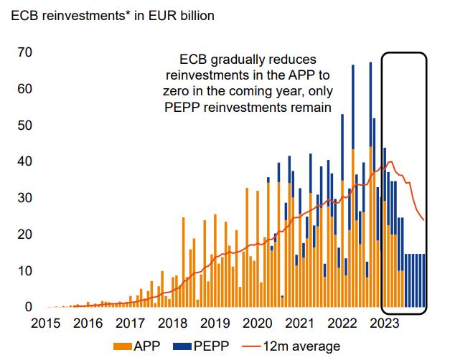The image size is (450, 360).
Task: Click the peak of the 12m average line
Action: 390,162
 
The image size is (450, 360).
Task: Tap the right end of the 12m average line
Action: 424,219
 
